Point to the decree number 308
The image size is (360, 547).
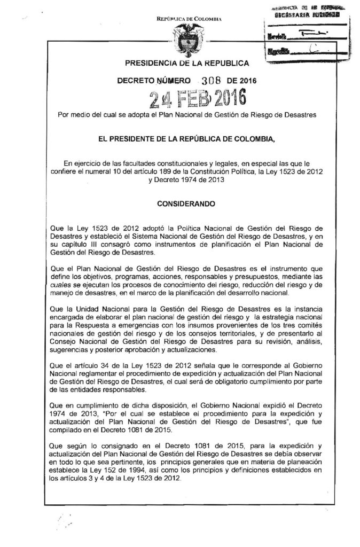pos(206,81)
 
